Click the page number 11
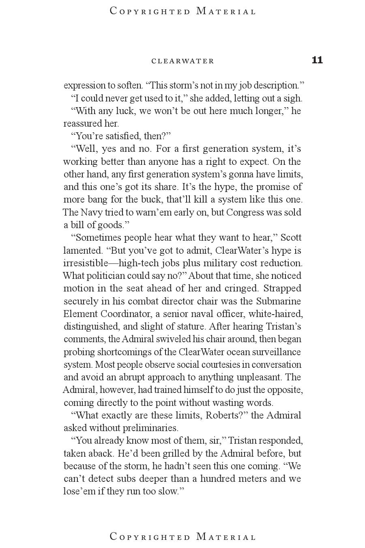[x=317, y=60]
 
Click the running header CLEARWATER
[x=182, y=61]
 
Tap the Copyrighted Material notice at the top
[x=183, y=11]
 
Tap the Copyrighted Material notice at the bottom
[x=183, y=537]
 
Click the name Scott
[x=291, y=237]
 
